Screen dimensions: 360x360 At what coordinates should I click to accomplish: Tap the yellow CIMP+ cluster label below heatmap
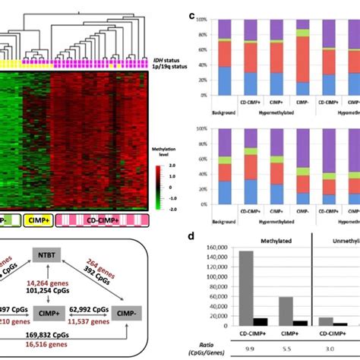pos(36,219)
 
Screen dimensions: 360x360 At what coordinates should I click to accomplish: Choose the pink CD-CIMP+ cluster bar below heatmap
pos(99,219)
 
